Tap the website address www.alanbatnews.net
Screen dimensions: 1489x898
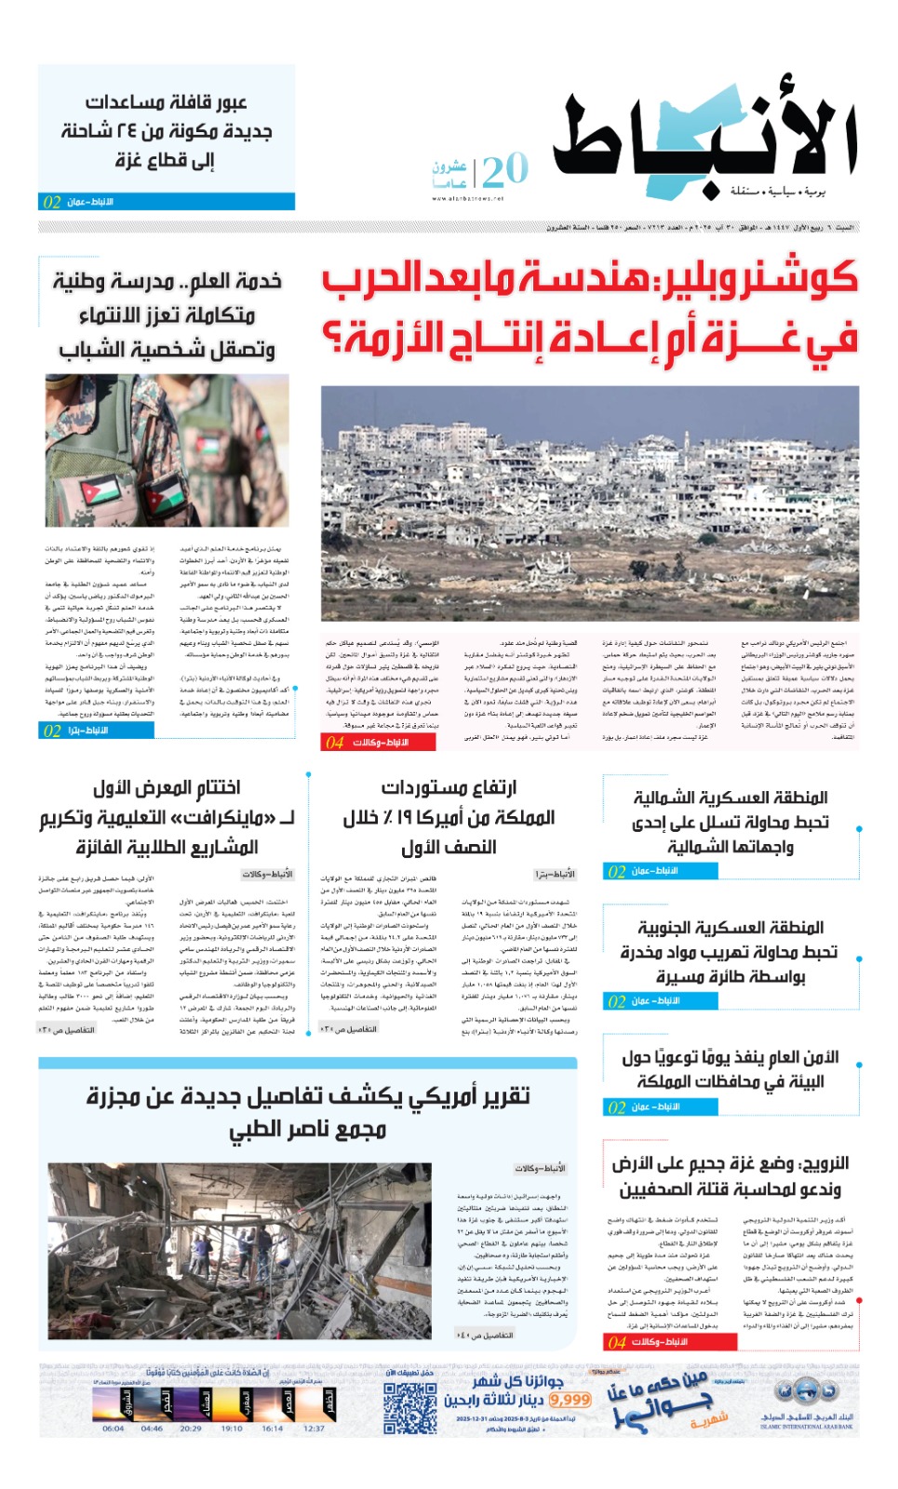coord(467,198)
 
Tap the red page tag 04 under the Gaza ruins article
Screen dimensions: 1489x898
coord(334,743)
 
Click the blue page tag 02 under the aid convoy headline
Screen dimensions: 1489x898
coord(52,202)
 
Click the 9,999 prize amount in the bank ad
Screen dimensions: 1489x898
coord(570,1400)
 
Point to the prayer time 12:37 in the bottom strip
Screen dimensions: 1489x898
coord(314,1429)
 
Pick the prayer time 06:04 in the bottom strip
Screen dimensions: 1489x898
coord(113,1429)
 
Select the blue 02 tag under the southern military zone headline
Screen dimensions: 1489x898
coord(616,1001)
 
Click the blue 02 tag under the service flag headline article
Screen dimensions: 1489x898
coord(52,731)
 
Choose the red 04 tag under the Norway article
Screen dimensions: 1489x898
coord(616,1342)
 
